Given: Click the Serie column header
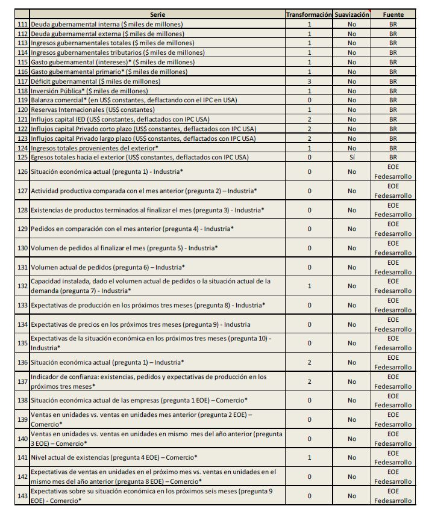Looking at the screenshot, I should point(158,14).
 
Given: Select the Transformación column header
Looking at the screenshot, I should point(309,14).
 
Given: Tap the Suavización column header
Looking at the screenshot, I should point(352,14).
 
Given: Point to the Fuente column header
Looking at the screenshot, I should point(393,14).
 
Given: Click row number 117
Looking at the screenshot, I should point(23,81).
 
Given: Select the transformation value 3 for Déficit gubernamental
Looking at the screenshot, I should point(309,81).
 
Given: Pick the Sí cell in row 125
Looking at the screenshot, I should point(352,157).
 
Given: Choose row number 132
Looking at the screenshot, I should point(23,286).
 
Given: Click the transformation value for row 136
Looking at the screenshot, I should point(309,362).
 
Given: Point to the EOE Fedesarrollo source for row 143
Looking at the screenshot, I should point(393,496).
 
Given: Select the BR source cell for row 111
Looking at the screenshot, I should point(393,24).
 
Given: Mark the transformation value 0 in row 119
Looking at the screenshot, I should point(309,100).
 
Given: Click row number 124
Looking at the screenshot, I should point(23,147).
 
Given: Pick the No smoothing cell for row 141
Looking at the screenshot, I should point(352,458).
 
